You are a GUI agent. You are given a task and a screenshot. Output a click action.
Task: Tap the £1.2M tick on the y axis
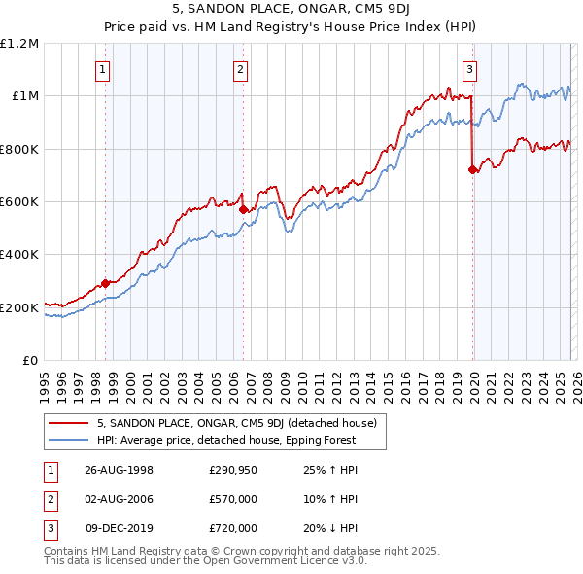(19, 44)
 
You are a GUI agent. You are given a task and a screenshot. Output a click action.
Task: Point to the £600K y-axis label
(19, 202)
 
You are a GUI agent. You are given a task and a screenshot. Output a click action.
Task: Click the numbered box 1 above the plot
(103, 69)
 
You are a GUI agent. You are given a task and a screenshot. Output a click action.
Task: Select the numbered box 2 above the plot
(240, 69)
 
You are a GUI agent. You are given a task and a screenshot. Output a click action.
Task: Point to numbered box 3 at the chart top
(469, 69)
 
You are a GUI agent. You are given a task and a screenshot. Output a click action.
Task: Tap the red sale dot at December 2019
(472, 170)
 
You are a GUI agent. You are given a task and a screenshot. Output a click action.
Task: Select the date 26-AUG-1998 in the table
(119, 470)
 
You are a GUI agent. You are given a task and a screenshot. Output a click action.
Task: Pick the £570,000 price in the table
(233, 499)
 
